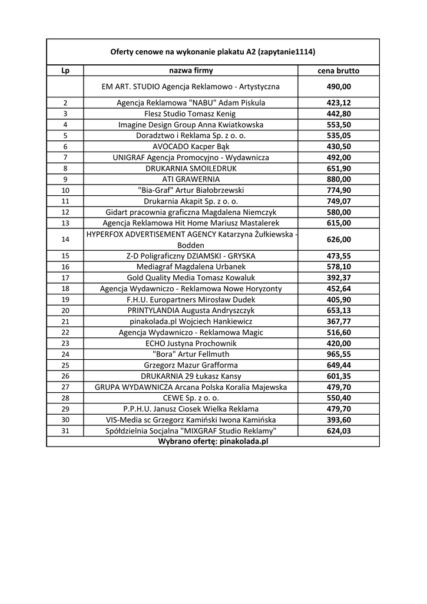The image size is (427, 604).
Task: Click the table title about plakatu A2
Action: [x=213, y=52]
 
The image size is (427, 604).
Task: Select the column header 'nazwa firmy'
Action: [x=191, y=71]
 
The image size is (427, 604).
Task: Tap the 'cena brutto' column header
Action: [x=339, y=71]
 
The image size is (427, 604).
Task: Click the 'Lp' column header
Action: [x=65, y=71]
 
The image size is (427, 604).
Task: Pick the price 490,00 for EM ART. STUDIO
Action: [x=339, y=87]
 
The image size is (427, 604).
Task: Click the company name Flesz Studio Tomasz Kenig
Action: [x=191, y=114]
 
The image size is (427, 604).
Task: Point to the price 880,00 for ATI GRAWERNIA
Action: [x=339, y=179]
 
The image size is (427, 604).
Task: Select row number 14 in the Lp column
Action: [x=65, y=239]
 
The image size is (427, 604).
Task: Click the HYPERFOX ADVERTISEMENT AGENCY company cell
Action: [x=191, y=239]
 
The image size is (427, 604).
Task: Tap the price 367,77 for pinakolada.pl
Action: [x=339, y=321]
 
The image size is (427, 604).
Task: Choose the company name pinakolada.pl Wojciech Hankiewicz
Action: [x=191, y=321]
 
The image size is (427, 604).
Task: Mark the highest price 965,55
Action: [x=339, y=354]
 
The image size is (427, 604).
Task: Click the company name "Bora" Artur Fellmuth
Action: [x=191, y=354]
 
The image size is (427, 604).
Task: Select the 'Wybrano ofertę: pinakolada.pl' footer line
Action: [x=213, y=441]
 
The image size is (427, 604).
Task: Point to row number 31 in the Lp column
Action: [x=65, y=431]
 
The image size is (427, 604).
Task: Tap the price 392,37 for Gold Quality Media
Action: [x=339, y=278]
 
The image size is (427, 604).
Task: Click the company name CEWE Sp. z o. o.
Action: [x=191, y=398]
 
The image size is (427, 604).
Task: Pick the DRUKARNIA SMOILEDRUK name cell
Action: [x=191, y=168]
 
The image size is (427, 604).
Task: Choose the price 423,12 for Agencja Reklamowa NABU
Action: [x=339, y=103]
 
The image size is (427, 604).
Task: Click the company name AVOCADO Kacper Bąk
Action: [x=191, y=146]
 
